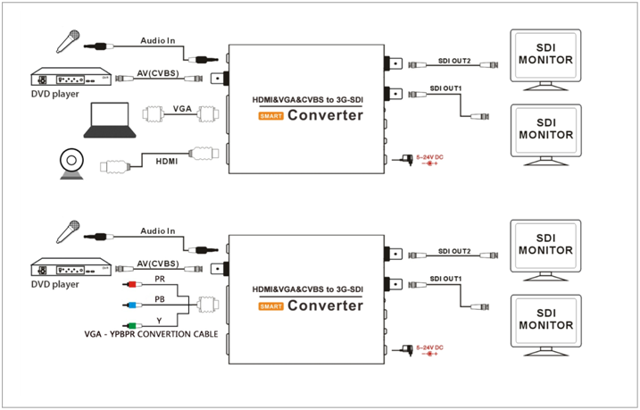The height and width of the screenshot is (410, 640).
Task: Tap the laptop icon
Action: [111, 121]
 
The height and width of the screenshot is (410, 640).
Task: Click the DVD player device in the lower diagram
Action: [73, 268]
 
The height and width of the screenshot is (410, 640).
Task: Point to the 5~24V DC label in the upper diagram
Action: [432, 155]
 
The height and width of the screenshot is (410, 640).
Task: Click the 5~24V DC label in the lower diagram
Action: [432, 347]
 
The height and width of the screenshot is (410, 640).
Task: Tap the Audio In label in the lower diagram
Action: [157, 231]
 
